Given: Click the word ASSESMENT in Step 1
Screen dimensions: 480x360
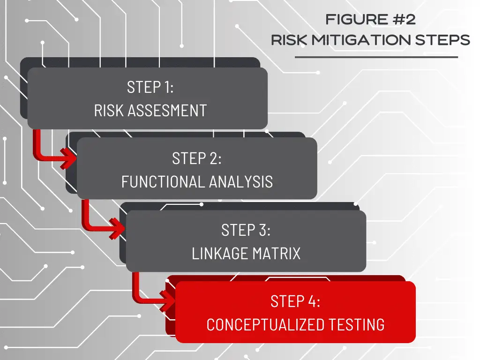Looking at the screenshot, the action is (167, 111).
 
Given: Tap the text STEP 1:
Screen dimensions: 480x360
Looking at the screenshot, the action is (150, 87).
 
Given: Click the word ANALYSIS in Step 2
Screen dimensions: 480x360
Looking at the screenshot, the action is (241, 182).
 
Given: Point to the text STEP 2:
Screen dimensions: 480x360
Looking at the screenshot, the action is (196, 158).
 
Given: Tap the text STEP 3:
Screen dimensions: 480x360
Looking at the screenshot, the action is (246, 230).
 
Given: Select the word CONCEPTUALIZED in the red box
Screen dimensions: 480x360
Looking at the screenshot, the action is (265, 325).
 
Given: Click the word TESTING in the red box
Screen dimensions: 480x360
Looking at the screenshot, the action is (357, 325).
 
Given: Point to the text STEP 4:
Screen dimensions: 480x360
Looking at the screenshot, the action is (295, 301).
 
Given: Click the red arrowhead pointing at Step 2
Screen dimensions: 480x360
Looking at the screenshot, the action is (68, 158).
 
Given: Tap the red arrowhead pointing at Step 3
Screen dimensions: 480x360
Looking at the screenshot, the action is (117, 228).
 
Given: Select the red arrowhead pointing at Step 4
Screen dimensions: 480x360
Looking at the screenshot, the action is (167, 300).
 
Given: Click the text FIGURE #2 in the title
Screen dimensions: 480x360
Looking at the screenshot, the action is (370, 20).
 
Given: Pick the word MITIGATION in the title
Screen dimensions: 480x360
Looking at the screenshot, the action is (361, 40).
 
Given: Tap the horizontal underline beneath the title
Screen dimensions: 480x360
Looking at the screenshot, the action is (376, 57).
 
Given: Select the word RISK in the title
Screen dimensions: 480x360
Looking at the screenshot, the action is (289, 40).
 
